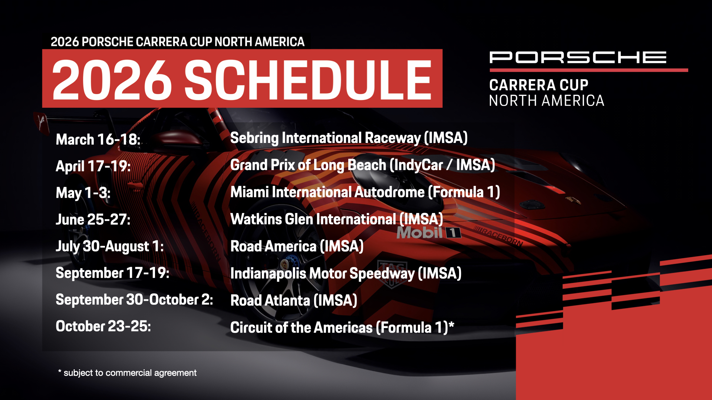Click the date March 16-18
(x=98, y=140)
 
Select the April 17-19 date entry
(x=93, y=166)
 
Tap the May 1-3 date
(x=83, y=193)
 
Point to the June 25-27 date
(x=93, y=219)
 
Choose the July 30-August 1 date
(x=110, y=246)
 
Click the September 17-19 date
(x=112, y=273)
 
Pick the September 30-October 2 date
(x=134, y=300)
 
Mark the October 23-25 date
(x=103, y=326)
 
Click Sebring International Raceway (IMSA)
(x=349, y=138)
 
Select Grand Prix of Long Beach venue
(x=363, y=165)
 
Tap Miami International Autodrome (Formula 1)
(x=365, y=192)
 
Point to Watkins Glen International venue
(x=337, y=219)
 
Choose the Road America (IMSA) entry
(x=297, y=246)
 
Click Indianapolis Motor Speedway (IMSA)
(x=346, y=274)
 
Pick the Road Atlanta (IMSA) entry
(x=294, y=300)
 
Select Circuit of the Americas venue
(x=342, y=327)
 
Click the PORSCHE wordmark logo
(x=578, y=57)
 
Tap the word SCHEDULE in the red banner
(x=308, y=80)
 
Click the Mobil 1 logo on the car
(x=429, y=233)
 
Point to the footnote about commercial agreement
(x=127, y=373)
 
